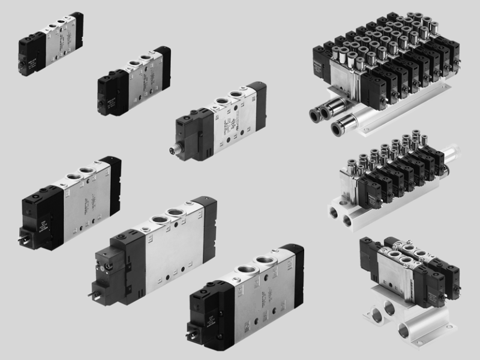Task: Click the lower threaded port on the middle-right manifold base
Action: click(x=347, y=221)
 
